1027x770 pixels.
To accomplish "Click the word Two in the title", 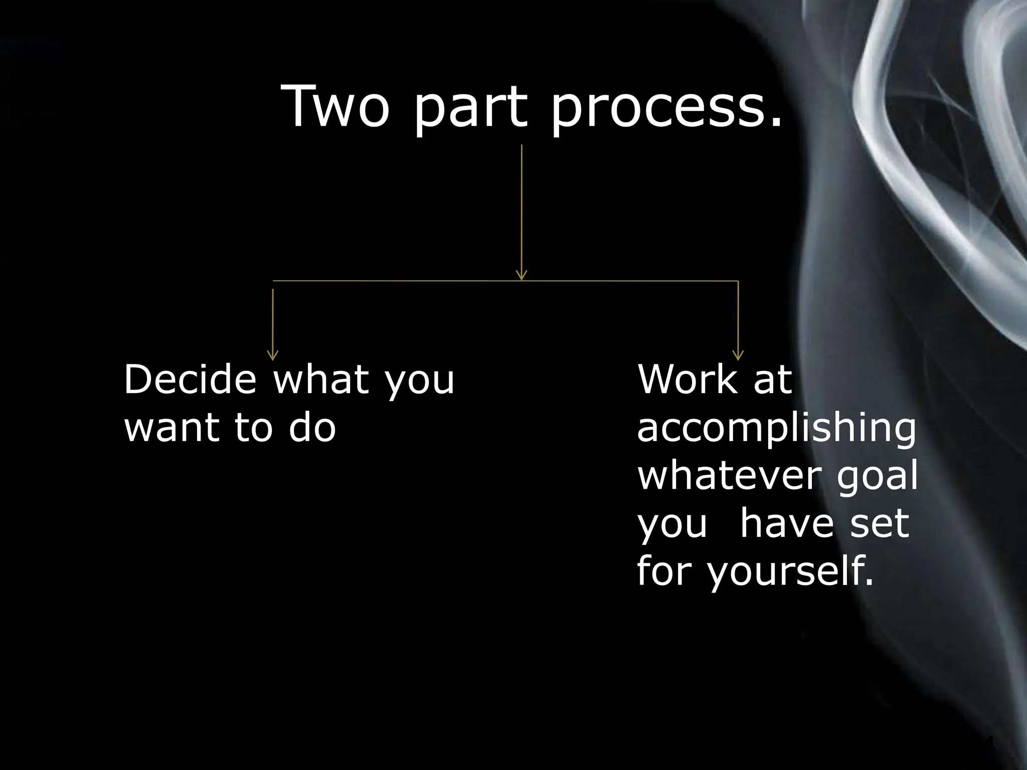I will (335, 106).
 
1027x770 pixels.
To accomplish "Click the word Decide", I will (190, 379).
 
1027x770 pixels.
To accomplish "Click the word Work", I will (688, 379).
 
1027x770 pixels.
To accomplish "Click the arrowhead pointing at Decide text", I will (273, 355).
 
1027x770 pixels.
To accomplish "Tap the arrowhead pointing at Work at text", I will (738, 355).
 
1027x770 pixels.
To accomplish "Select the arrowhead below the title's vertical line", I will (522, 275).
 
